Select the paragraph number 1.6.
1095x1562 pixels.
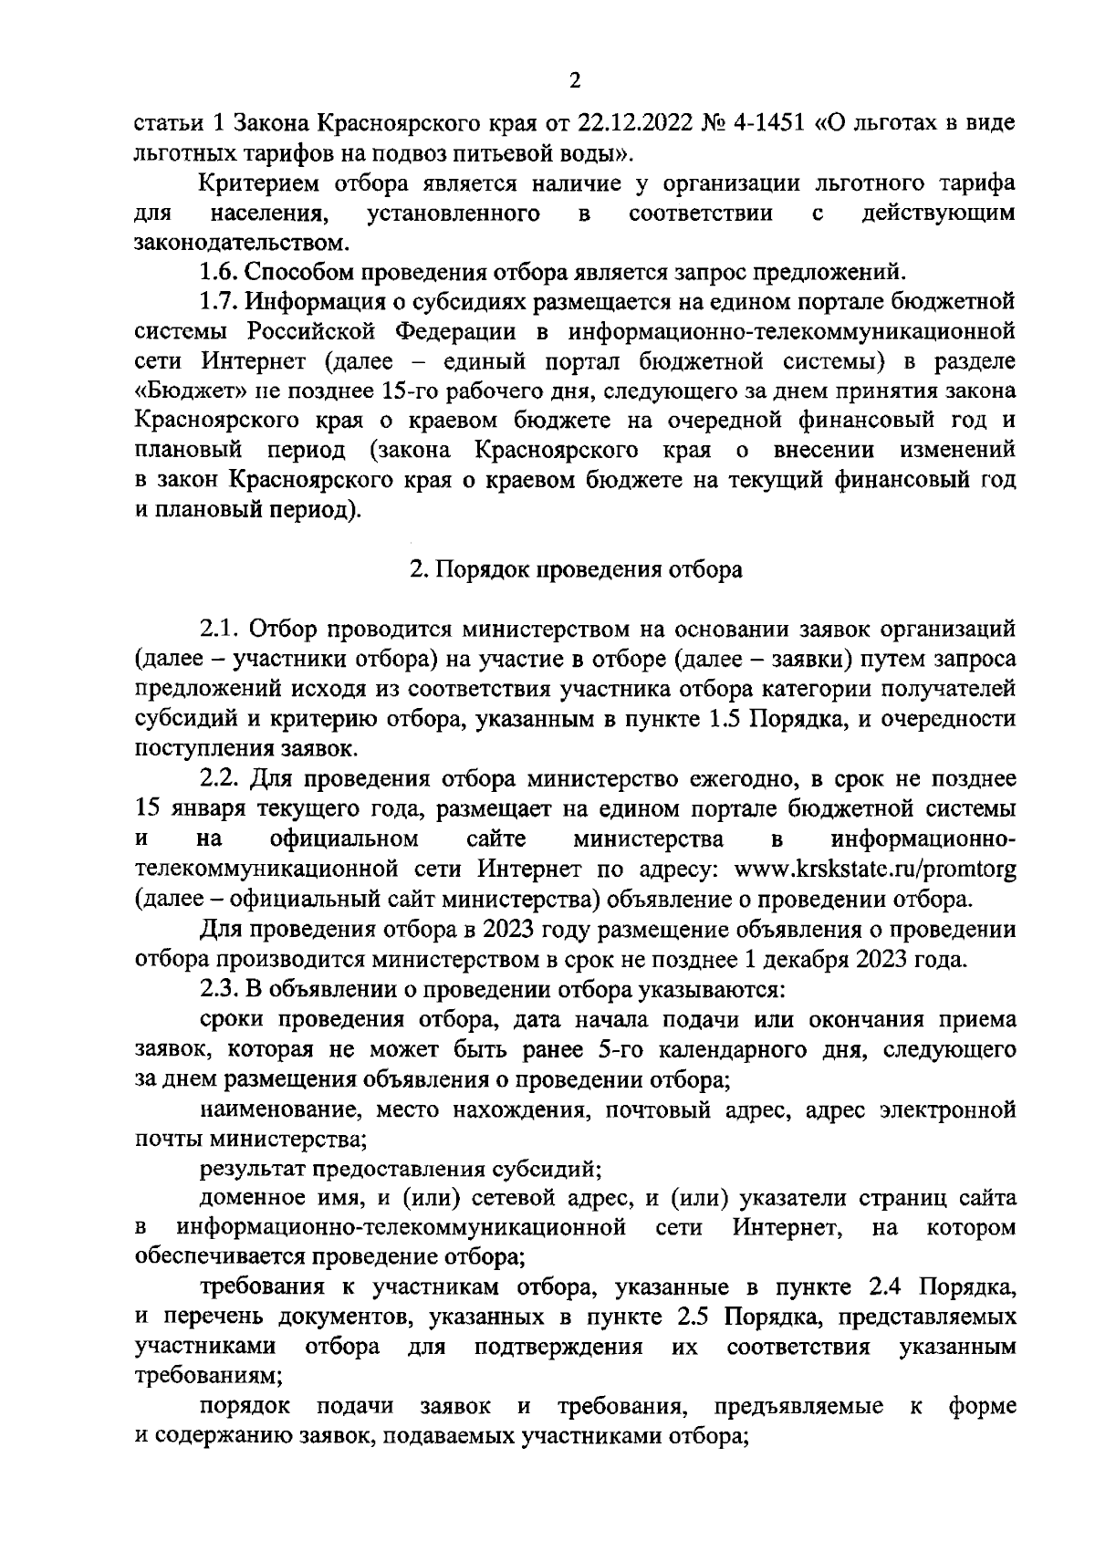click(220, 272)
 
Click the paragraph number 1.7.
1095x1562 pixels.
click(220, 301)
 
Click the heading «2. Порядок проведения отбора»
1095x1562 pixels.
click(575, 569)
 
